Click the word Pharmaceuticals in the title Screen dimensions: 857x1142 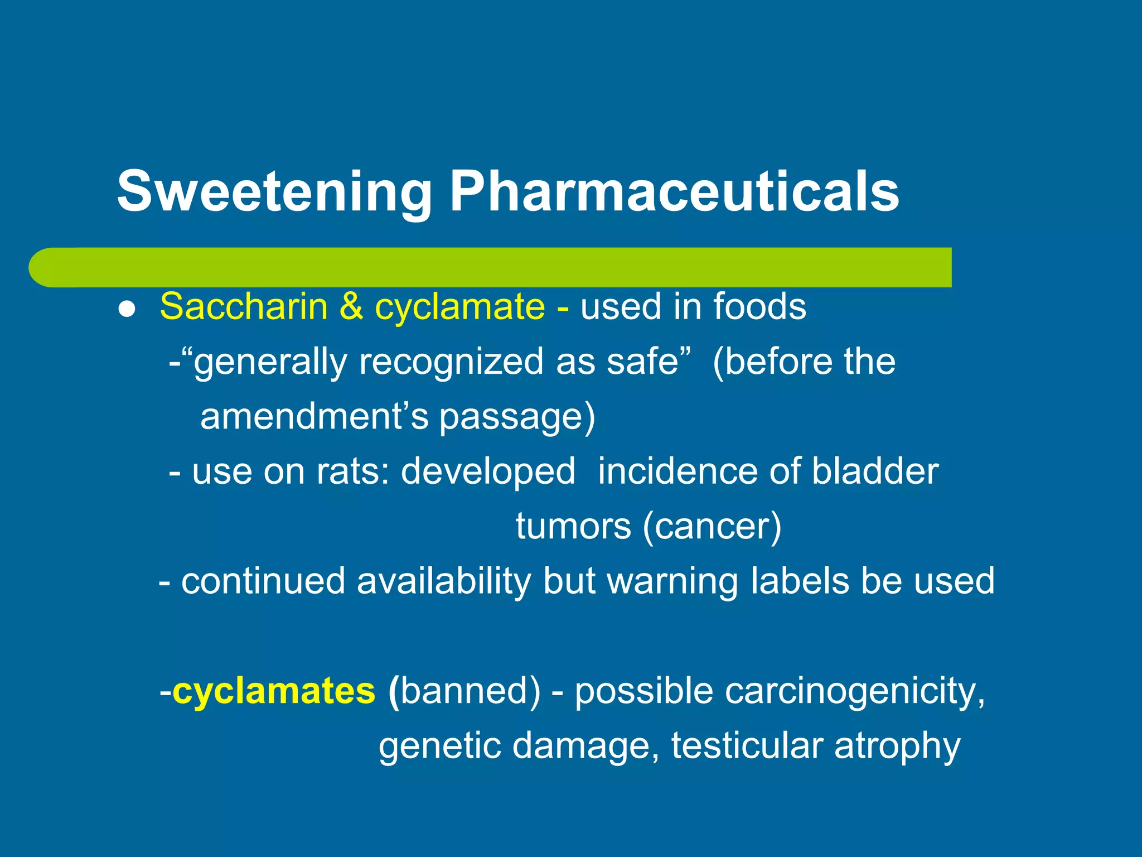pyautogui.click(x=674, y=191)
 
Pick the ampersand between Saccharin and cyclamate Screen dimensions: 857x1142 pyautogui.click(x=351, y=307)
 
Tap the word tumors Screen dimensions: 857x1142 pyautogui.click(x=573, y=526)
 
